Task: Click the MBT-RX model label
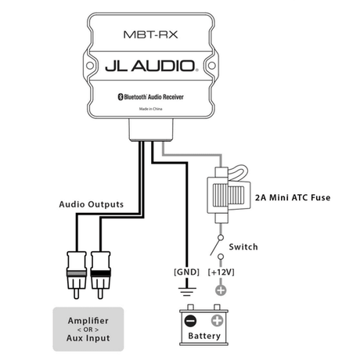click(150, 34)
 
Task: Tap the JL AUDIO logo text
click(150, 66)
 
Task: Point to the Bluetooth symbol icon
click(121, 97)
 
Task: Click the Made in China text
click(150, 109)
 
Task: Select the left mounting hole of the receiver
click(90, 66)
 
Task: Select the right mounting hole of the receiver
click(211, 66)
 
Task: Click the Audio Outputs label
click(92, 204)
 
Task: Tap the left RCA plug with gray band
click(77, 275)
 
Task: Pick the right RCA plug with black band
click(100, 275)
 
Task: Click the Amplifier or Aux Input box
click(88, 329)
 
